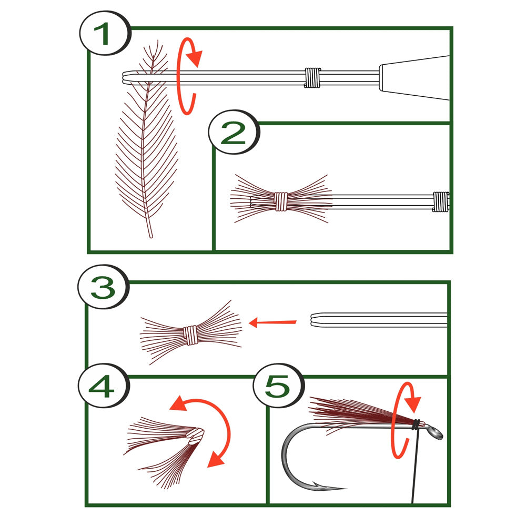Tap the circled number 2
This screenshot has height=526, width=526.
pos(234,135)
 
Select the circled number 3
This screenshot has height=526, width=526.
pos(103,288)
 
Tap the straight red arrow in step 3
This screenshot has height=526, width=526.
pos(272,322)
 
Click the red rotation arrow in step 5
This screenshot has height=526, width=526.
pos(405,421)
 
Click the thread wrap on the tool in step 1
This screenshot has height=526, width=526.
pos(312,78)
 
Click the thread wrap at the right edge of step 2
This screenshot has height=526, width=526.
pos(441,201)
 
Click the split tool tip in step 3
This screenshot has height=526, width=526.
pos(321,319)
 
